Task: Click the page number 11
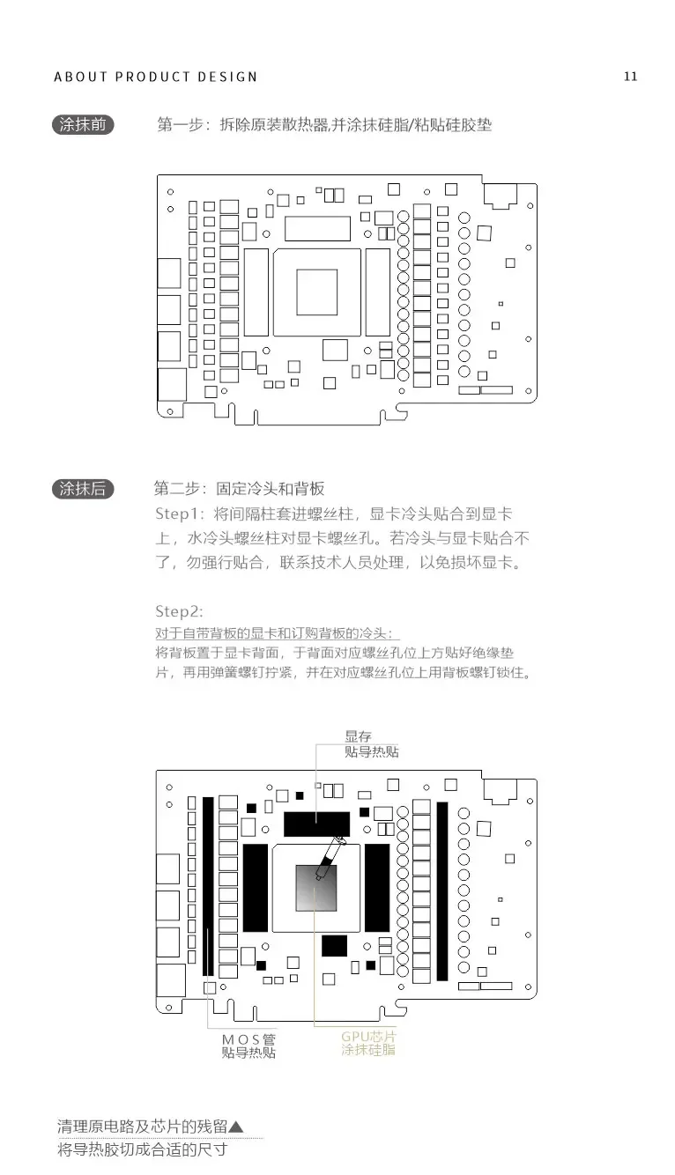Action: (630, 76)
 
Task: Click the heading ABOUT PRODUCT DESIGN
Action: (156, 77)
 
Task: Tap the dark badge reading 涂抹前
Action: (83, 125)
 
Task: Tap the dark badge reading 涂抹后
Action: (83, 489)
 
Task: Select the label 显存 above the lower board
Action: (358, 735)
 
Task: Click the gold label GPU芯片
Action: (368, 1036)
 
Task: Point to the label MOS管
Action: (248, 1038)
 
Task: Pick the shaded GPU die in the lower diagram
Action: (316, 888)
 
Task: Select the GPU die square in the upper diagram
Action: (316, 292)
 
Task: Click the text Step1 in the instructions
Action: (180, 514)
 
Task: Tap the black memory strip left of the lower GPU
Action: (256, 887)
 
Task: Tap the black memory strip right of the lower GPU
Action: (377, 887)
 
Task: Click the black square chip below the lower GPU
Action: (335, 945)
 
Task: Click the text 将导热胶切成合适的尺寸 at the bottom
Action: (142, 1150)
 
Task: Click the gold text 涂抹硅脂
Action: (368, 1051)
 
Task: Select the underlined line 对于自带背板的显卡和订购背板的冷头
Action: (277, 632)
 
